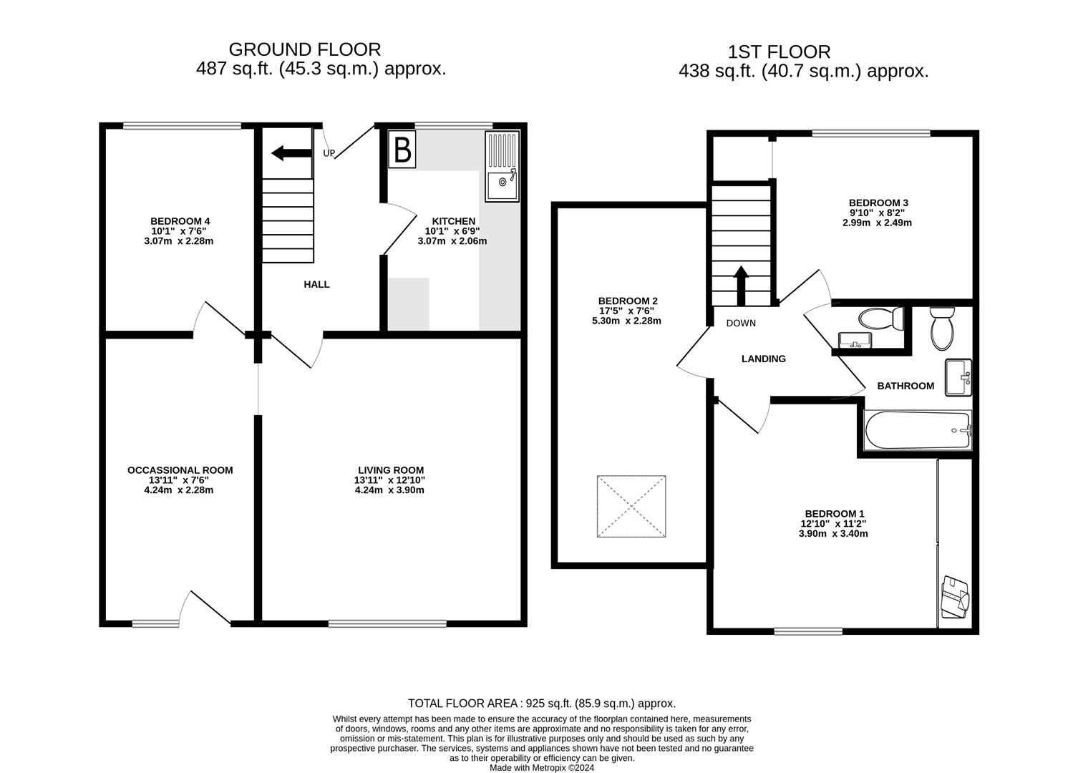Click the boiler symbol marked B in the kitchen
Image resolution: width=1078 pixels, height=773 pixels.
click(x=402, y=150)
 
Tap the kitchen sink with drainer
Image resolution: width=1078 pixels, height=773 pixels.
click(x=502, y=166)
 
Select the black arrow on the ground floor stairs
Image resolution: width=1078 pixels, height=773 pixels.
click(x=288, y=152)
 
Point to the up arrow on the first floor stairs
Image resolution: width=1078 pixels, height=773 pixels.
click(x=741, y=285)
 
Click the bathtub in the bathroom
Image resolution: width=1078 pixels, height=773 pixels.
click(x=917, y=431)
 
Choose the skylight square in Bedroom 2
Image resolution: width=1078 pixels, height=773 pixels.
click(x=631, y=507)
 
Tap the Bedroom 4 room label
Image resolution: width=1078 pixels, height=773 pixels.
click(x=180, y=221)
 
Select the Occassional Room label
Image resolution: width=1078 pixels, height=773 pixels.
click(x=180, y=470)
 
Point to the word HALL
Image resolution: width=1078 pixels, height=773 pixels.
click(x=316, y=284)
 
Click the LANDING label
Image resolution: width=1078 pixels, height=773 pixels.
click(x=763, y=359)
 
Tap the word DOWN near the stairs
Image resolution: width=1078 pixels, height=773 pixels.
click(x=741, y=324)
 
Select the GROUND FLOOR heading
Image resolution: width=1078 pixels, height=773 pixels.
click(x=305, y=49)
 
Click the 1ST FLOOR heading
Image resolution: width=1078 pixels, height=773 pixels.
click(x=779, y=52)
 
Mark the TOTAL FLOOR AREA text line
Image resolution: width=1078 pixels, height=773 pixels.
click(x=541, y=704)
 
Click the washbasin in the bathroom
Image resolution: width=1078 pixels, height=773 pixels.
click(x=958, y=377)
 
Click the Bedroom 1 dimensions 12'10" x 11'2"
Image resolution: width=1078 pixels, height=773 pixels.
click(x=835, y=524)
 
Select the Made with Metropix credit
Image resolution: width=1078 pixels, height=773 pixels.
click(x=541, y=767)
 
